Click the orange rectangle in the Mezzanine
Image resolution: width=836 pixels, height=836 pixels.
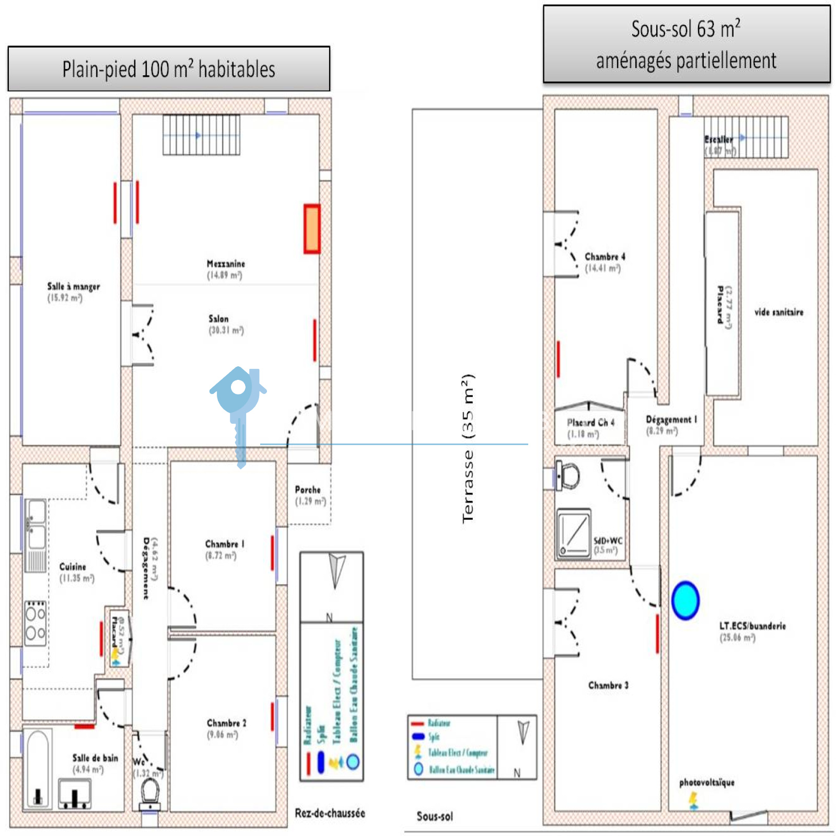312,229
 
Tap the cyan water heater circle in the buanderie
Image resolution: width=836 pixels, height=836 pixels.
685,600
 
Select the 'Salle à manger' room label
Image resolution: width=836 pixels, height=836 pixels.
73,286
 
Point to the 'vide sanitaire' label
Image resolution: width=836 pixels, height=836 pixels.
779,312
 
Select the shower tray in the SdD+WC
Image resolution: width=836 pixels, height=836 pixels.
574,533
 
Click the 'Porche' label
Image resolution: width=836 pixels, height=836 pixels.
308,490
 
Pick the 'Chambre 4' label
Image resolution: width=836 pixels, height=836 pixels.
605,257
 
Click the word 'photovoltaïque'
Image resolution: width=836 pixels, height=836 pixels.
706,782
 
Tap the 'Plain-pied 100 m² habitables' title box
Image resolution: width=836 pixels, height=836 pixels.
169,69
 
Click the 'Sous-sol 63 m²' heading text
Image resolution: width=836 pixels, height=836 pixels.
686,29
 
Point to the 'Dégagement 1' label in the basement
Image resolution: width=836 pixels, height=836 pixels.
671,420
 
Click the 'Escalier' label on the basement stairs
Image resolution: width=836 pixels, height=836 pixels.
718,140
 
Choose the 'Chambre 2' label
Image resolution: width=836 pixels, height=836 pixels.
226,723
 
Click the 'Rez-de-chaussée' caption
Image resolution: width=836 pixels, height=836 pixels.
330,813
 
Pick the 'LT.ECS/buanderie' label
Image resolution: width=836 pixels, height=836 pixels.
752,625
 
